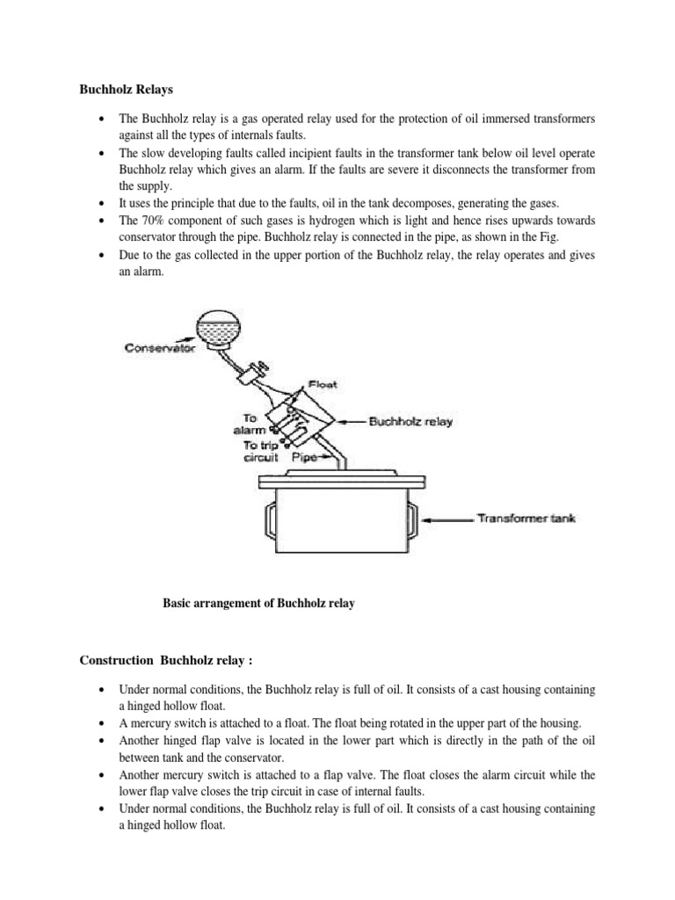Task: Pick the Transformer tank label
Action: click(x=526, y=519)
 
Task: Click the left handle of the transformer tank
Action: click(x=267, y=519)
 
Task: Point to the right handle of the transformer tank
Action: click(x=410, y=520)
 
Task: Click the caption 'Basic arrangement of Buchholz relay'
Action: click(x=258, y=604)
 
